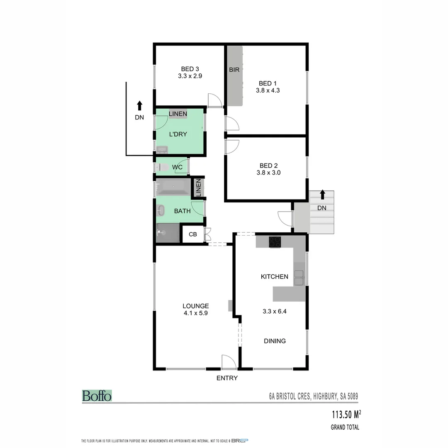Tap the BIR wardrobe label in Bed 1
pyautogui.click(x=234, y=70)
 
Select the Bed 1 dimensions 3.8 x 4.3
pyautogui.click(x=268, y=90)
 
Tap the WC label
pyautogui.click(x=177, y=167)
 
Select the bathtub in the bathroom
pyautogui.click(x=173, y=187)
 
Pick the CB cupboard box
pyautogui.click(x=193, y=234)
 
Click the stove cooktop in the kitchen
pyautogui.click(x=275, y=242)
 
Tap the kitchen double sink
pyautogui.click(x=299, y=278)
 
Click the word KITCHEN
pyautogui.click(x=274, y=277)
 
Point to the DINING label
pyautogui.click(x=275, y=341)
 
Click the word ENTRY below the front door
pyautogui.click(x=227, y=378)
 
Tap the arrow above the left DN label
pyautogui.click(x=139, y=105)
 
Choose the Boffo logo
pyautogui.click(x=97, y=396)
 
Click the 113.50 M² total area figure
pyautogui.click(x=346, y=414)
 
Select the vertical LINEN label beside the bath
pyautogui.click(x=198, y=188)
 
